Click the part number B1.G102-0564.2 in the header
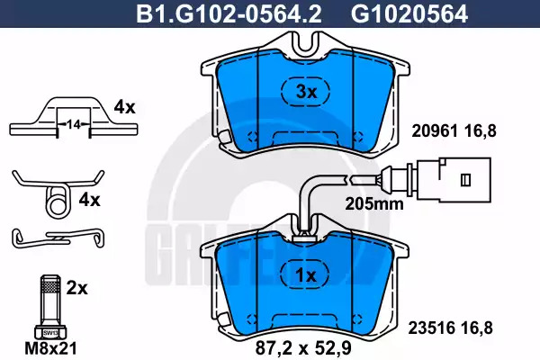click(229, 14)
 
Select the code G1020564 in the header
click(409, 14)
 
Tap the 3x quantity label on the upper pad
click(306, 92)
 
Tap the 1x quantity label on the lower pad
click(306, 275)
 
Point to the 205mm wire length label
click(374, 204)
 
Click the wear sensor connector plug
click(454, 179)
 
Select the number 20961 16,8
click(454, 131)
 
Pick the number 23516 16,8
click(450, 328)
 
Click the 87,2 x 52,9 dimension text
click(303, 348)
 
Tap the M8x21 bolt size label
click(50, 348)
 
